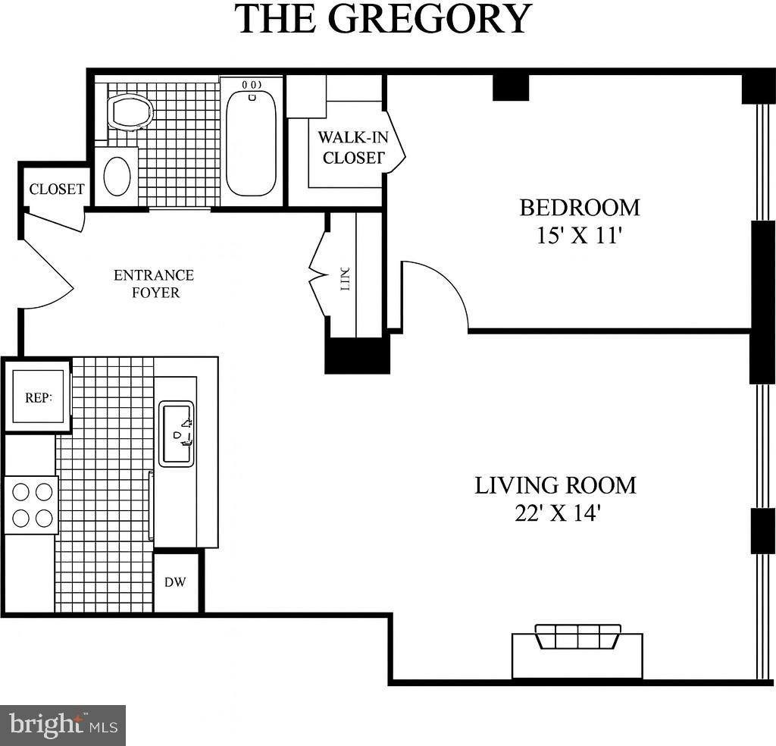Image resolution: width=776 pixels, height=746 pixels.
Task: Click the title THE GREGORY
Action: point(383,18)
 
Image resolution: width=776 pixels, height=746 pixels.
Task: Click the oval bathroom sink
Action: point(117,177)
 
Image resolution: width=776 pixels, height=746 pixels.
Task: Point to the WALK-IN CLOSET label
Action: point(349,148)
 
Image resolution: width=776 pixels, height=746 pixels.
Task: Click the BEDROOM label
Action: point(579,207)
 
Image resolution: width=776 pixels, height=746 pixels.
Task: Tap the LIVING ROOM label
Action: point(555,485)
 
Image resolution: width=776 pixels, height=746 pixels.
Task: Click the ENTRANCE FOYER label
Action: point(154,284)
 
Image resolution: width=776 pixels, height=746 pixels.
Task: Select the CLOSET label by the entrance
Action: point(57,190)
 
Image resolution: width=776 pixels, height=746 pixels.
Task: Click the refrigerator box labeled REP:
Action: point(38,397)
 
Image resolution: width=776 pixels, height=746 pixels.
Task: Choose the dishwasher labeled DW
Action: point(176,582)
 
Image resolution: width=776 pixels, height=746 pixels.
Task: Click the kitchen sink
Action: point(176,434)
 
